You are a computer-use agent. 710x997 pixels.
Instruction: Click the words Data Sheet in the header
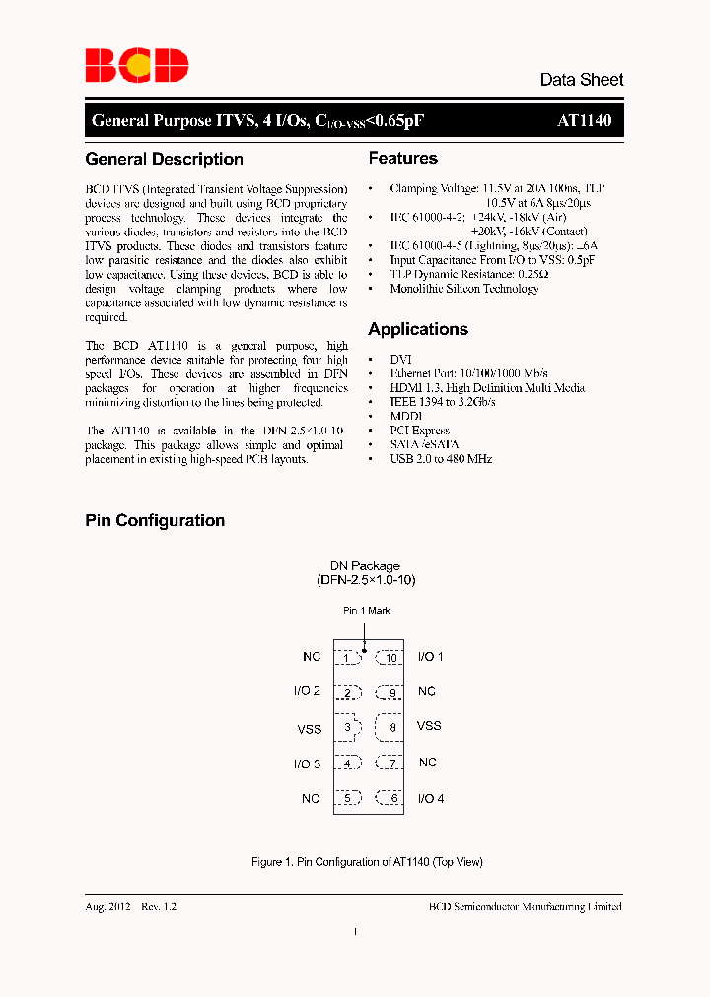click(x=581, y=80)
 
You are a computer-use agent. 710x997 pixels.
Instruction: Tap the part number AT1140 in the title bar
click(x=584, y=121)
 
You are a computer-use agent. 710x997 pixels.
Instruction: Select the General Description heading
click(x=164, y=159)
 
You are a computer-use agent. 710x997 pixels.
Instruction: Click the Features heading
click(x=402, y=158)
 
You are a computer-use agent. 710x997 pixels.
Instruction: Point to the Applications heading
click(x=418, y=329)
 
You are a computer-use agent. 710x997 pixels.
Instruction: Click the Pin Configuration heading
click(x=155, y=520)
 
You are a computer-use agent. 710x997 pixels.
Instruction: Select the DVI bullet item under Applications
click(x=400, y=360)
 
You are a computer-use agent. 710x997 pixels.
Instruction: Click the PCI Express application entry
click(x=419, y=431)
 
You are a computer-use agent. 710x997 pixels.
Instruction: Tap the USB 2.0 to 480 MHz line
click(x=441, y=459)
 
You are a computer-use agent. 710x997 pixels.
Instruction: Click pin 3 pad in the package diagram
click(x=347, y=728)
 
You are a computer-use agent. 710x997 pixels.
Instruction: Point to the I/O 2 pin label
click(x=307, y=691)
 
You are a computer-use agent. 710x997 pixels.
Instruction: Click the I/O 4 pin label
click(x=431, y=798)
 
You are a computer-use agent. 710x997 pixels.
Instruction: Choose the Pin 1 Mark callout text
click(x=366, y=611)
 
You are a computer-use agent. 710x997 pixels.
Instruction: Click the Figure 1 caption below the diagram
click(x=367, y=862)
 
